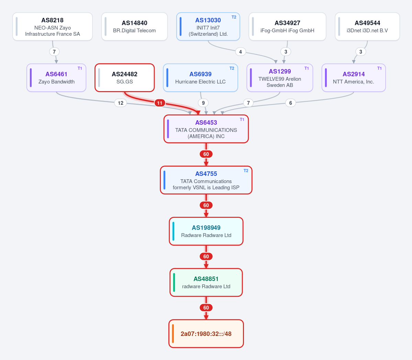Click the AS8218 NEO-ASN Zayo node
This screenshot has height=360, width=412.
pos(53,26)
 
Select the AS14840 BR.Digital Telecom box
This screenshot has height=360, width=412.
pos(135,26)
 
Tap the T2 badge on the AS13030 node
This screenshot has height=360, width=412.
pos(234,17)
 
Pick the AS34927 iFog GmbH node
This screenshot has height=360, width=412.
pos(288,26)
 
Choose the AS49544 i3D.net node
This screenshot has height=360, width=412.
pos(367,26)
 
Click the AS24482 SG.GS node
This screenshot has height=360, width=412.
pos(124,78)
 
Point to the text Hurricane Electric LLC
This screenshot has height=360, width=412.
pos(200,82)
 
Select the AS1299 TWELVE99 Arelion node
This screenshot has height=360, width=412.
pos(280,78)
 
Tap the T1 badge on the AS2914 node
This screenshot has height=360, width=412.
pos(379,69)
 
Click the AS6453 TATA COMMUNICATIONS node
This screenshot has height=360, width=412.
pos(206,129)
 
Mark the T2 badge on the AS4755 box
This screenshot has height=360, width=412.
pos(246,171)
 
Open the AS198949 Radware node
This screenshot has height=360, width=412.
pos(206,231)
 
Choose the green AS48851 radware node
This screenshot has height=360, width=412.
pos(206,283)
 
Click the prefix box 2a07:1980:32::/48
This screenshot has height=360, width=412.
pos(206,334)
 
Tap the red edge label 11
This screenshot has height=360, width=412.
pos(160,103)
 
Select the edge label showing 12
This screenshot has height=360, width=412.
pos(121,103)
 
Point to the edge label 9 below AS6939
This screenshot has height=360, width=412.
pos(203,103)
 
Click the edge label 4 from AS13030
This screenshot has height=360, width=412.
pos(241,52)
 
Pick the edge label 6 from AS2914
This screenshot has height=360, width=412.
pos(291,103)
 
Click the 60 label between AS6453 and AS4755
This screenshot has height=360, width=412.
pos(206,154)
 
